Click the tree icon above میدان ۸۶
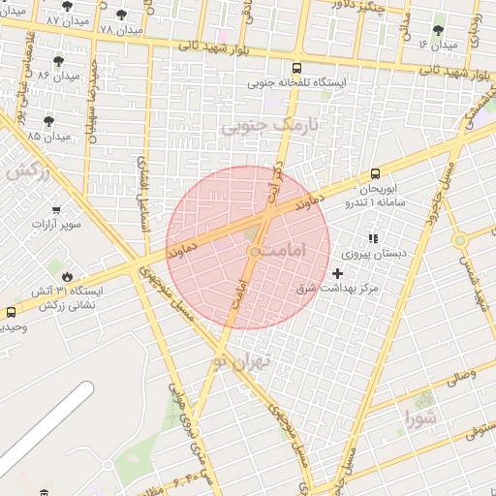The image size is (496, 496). click(x=58, y=60)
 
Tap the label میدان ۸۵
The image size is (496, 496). click(x=50, y=137)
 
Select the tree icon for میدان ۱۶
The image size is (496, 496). click(x=440, y=30)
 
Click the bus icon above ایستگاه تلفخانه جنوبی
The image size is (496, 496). click(x=296, y=68)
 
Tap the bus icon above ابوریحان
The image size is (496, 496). click(x=375, y=174)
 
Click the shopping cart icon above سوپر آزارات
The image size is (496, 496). click(x=55, y=208)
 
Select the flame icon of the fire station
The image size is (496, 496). click(x=67, y=275)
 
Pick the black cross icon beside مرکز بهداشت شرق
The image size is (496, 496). click(x=337, y=274)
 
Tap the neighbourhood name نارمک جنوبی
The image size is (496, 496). click(x=261, y=126)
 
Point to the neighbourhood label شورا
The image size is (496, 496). click(x=423, y=419)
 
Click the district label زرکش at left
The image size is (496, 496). click(x=27, y=170)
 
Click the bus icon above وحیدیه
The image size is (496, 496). click(x=11, y=313)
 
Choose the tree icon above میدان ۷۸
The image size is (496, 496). click(x=120, y=15)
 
